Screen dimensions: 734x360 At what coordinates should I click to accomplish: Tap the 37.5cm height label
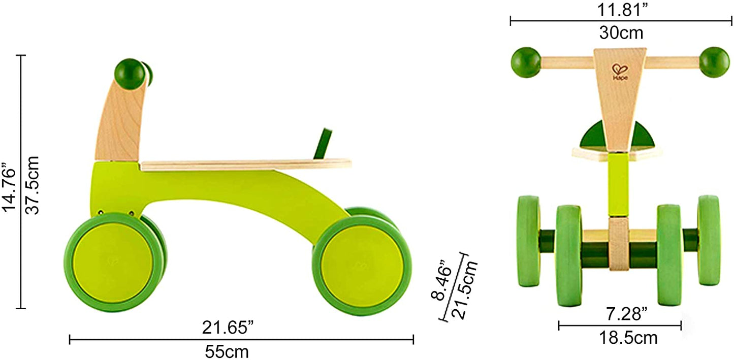32,185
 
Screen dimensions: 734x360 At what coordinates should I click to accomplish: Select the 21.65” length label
228,328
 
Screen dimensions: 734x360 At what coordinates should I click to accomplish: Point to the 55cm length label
227,352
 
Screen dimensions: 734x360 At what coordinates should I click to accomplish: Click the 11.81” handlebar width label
622,10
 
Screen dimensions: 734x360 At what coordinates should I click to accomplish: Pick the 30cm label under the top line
621,33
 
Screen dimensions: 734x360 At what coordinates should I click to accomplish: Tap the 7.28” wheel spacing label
626,314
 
